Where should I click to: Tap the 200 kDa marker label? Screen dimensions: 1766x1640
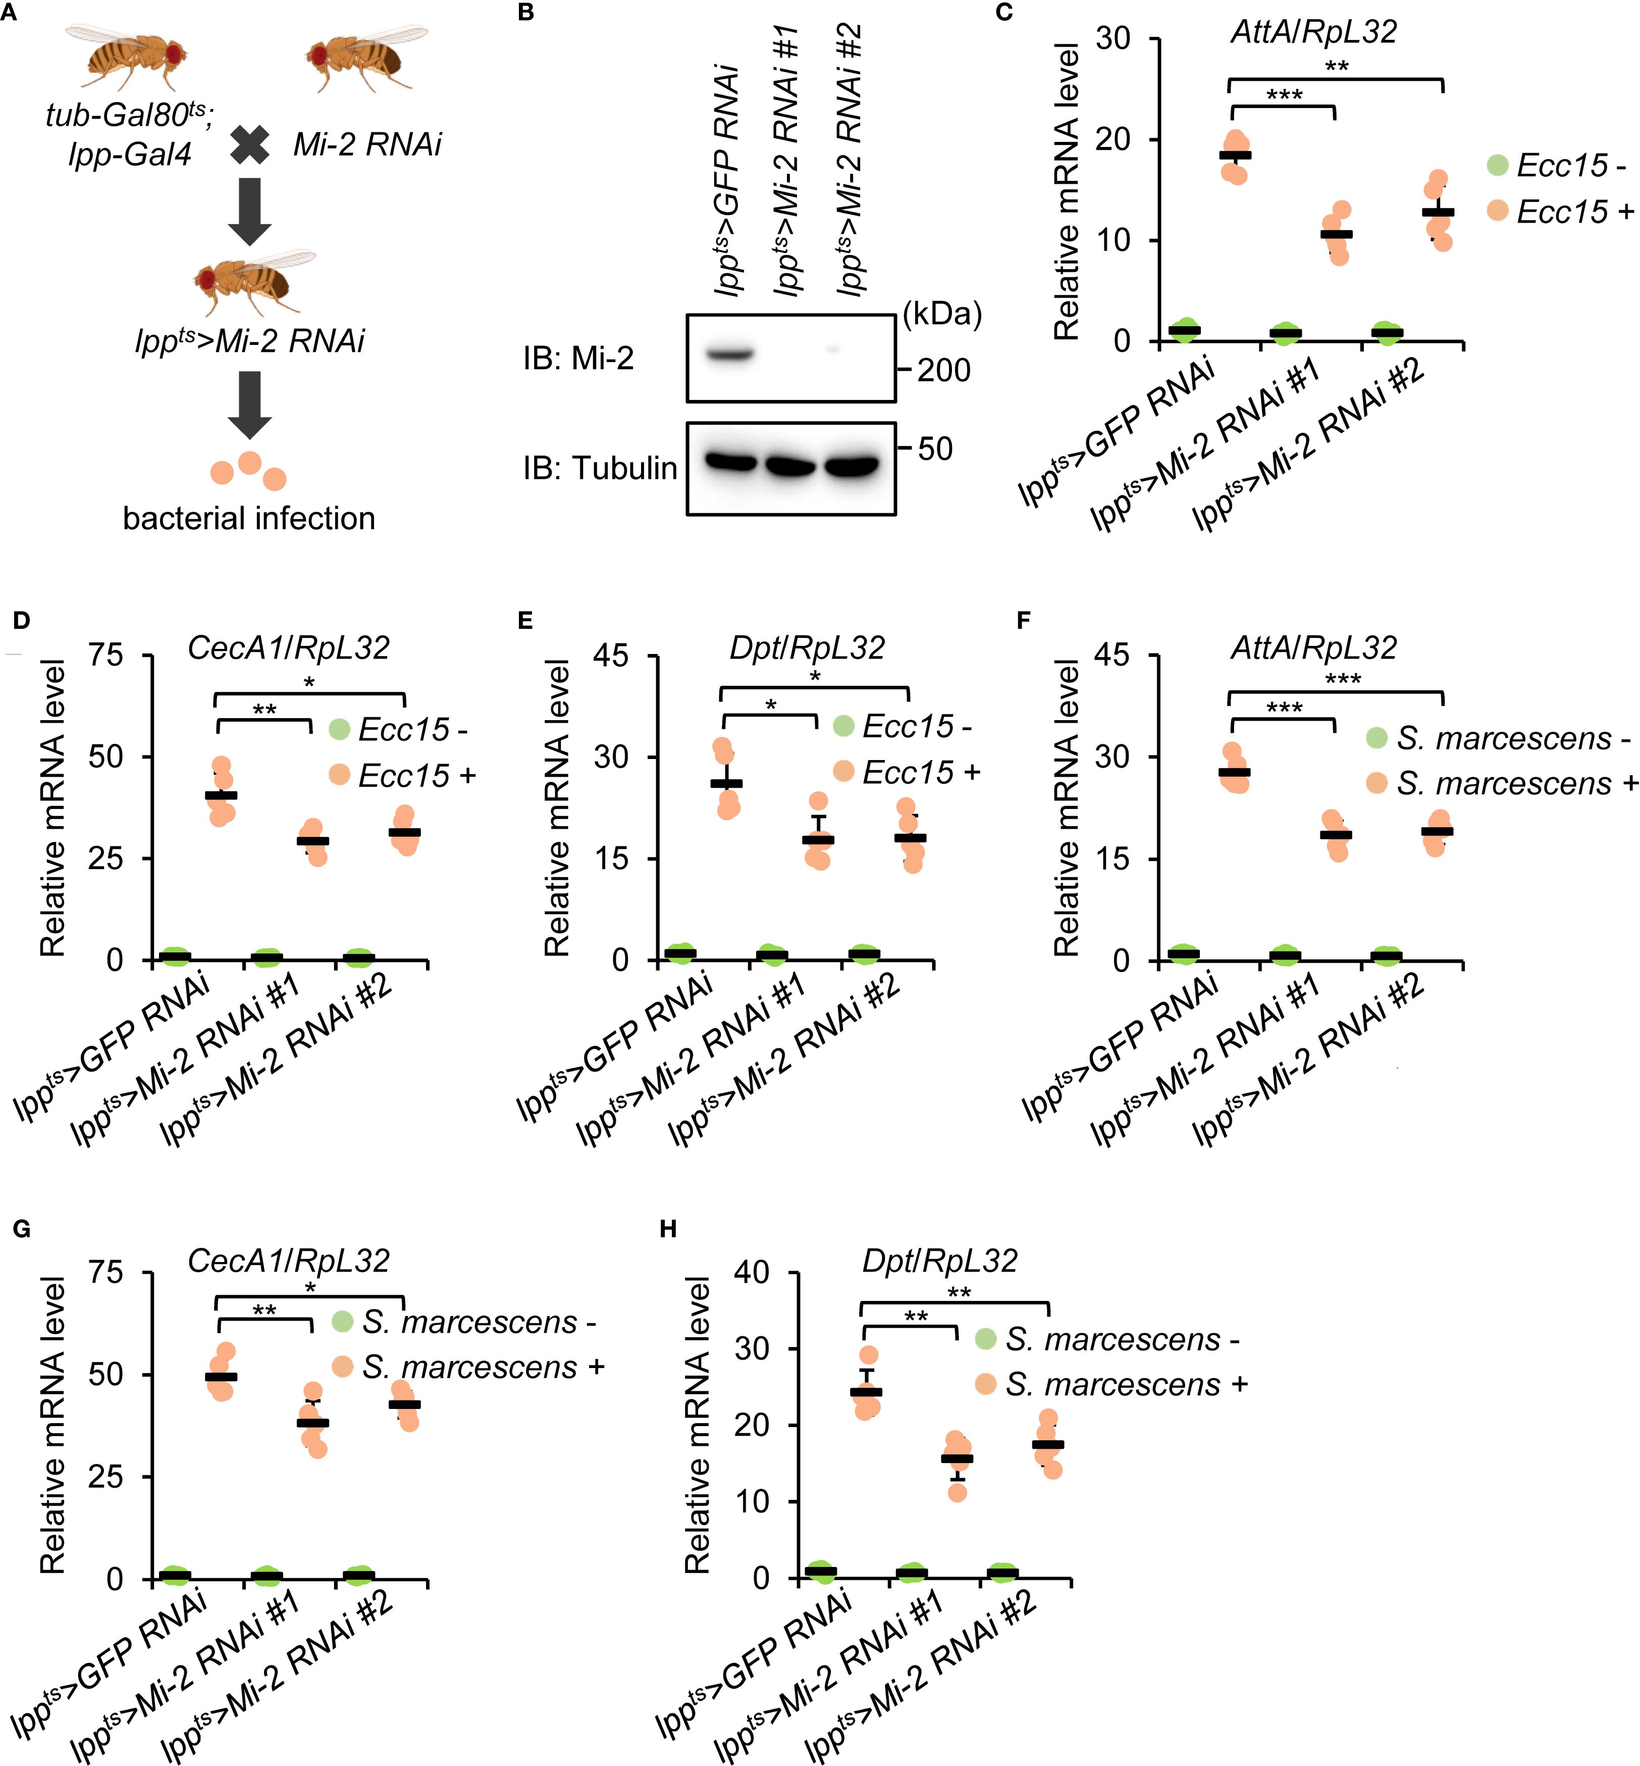(943, 370)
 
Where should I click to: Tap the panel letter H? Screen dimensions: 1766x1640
(668, 1229)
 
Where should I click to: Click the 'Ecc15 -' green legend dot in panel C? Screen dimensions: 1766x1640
(1498, 165)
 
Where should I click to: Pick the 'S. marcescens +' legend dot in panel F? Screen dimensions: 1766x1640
(1377, 782)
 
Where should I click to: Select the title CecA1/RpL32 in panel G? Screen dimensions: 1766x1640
(288, 1261)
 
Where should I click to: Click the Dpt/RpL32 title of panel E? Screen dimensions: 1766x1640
(807, 648)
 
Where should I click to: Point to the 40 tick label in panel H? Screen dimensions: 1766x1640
(751, 1272)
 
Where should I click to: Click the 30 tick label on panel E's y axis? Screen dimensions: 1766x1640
(611, 758)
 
